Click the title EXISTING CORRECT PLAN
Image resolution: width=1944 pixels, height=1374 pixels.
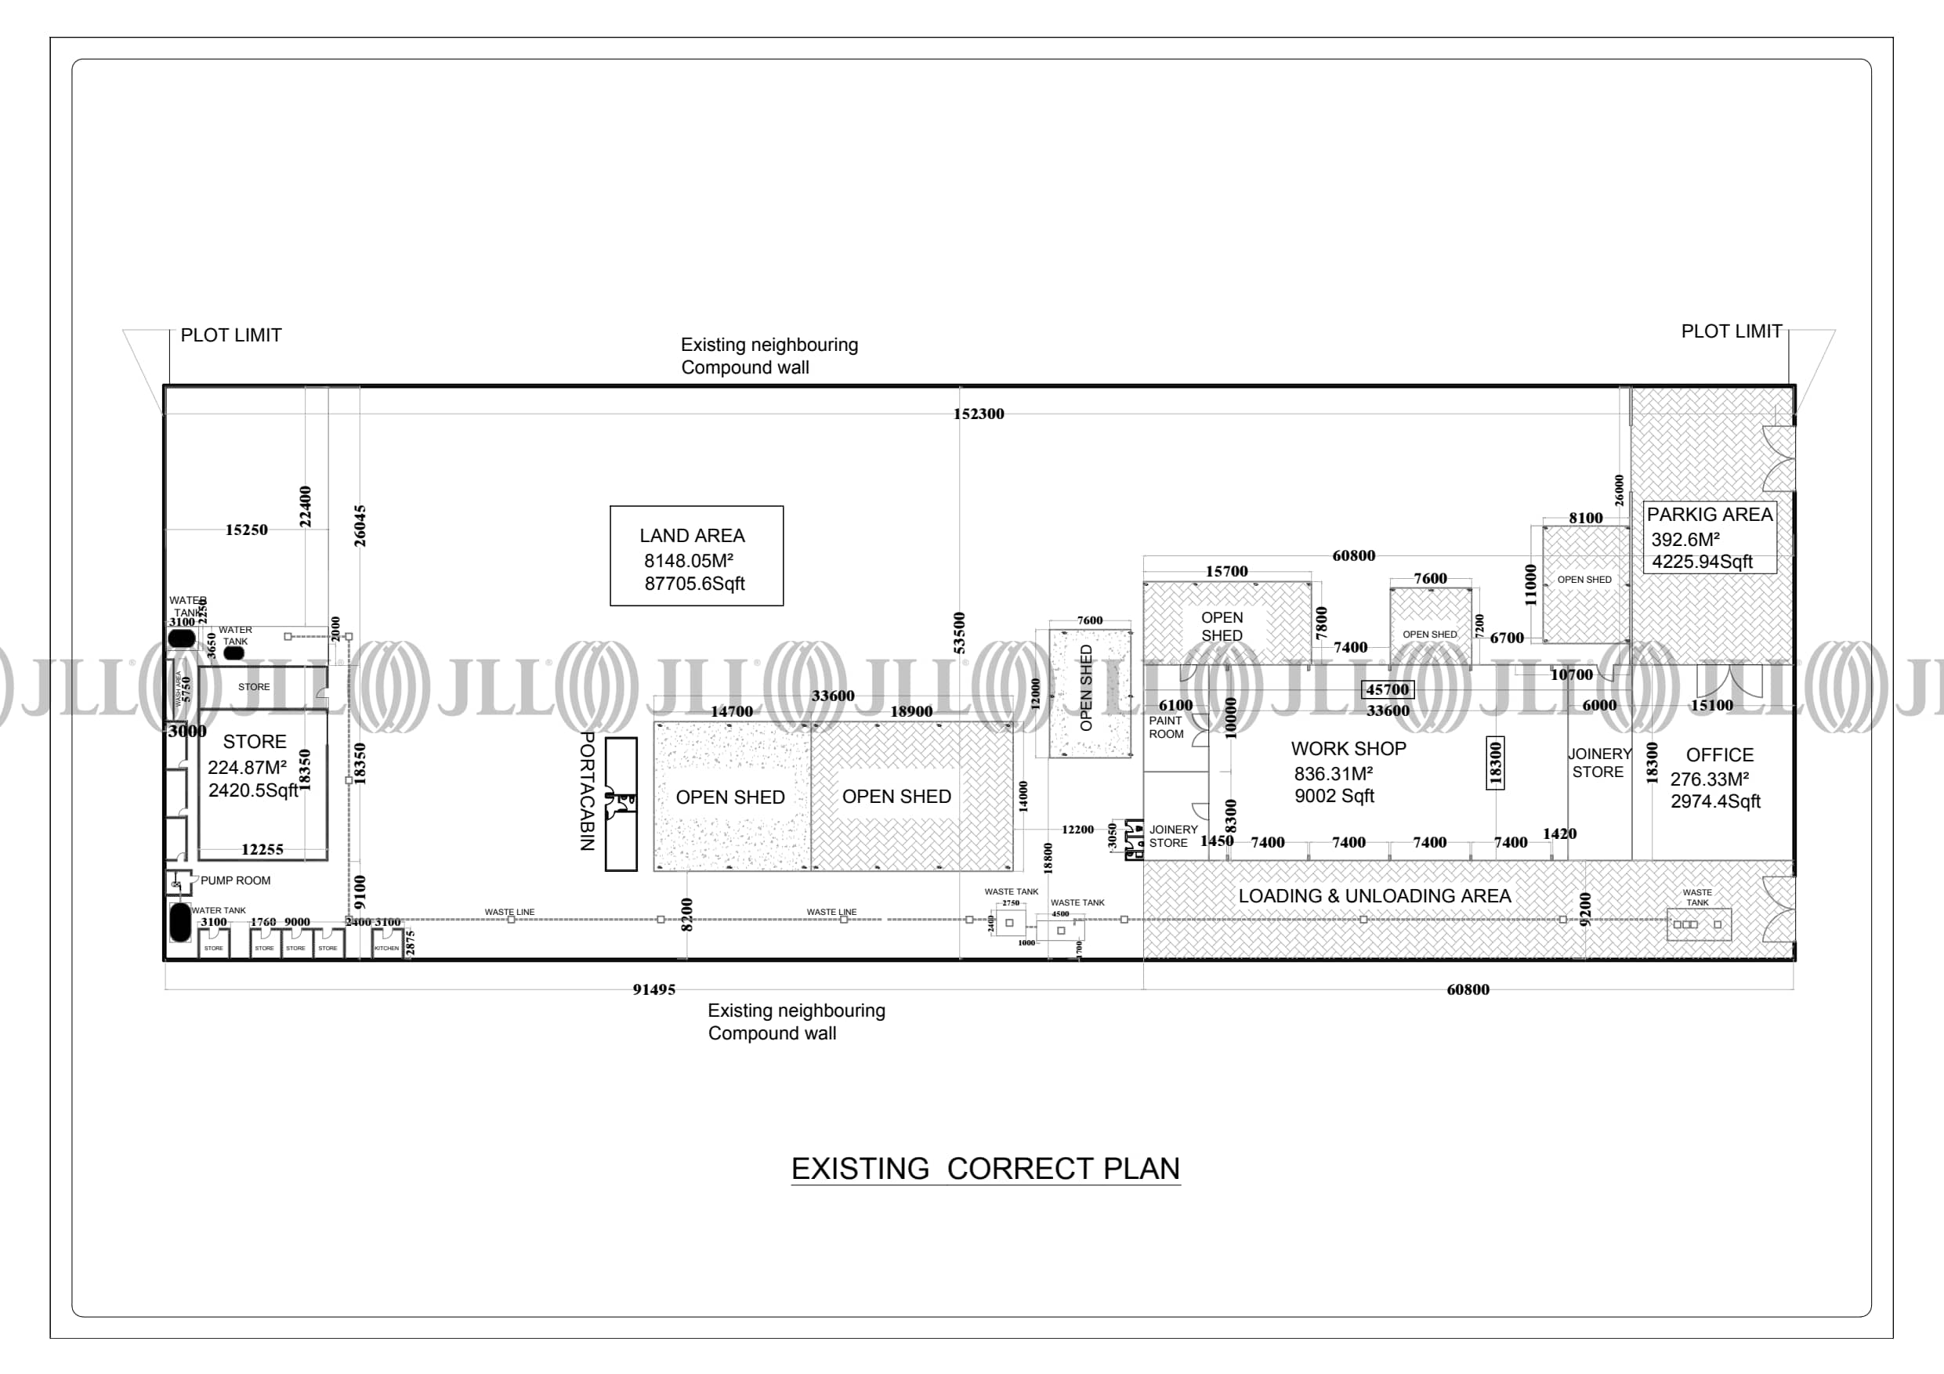985,1168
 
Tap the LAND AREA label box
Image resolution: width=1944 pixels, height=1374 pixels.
696,556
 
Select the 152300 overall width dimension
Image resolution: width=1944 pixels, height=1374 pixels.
978,414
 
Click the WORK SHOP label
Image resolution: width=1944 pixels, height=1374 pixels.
1348,749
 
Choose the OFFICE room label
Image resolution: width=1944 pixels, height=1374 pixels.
1719,755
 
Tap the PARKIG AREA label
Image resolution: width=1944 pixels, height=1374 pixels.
1709,515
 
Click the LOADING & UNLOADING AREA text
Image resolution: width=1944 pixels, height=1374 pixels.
1374,895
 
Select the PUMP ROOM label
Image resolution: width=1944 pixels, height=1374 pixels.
235,880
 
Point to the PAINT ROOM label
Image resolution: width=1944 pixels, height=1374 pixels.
1165,727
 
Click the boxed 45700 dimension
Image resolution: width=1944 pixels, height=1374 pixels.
1387,690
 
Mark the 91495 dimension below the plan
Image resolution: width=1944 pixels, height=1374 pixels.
653,989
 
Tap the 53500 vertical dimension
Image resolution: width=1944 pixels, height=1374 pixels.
959,632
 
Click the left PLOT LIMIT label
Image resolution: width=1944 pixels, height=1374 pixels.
231,335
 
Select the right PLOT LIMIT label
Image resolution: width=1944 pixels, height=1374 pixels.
1732,332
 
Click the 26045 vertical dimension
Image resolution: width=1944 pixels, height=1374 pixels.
360,526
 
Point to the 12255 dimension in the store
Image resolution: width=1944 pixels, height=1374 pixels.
262,849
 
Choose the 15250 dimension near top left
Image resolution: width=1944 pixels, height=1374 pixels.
246,530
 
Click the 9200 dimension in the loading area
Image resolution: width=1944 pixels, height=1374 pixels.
1586,909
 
